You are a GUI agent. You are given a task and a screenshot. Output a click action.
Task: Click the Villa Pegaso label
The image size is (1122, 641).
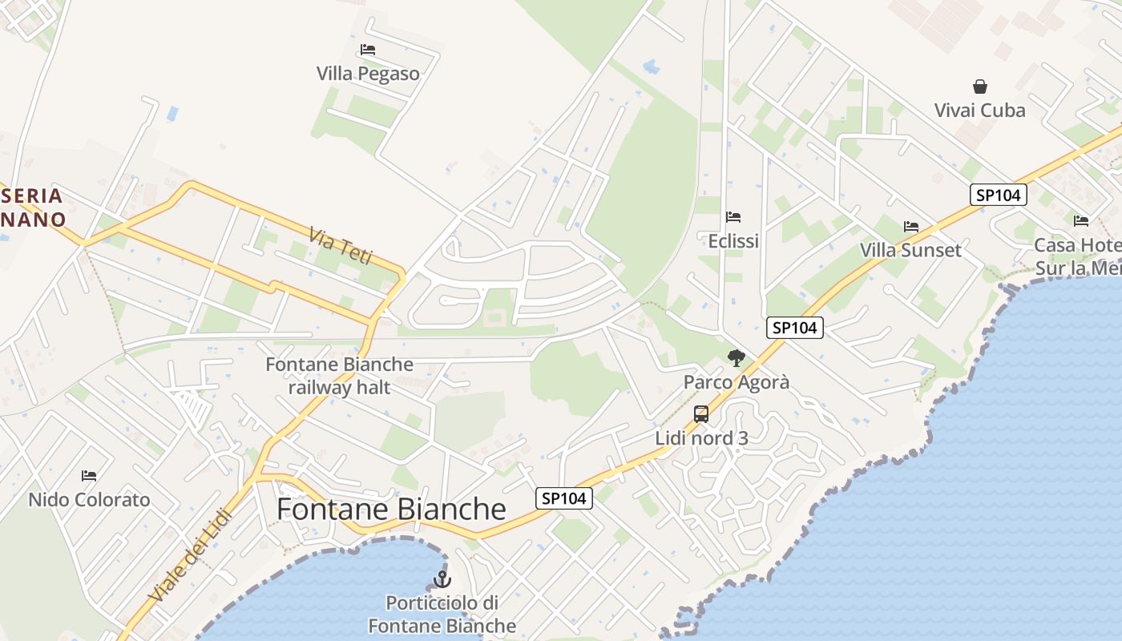point(368,74)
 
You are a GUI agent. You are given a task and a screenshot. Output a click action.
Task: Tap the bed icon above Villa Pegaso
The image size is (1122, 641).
point(368,50)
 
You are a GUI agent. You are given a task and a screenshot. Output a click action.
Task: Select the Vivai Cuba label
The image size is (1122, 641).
point(979,111)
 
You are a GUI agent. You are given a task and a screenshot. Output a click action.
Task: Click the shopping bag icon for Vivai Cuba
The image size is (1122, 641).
point(979,87)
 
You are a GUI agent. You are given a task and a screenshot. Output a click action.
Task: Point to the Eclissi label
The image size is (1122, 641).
point(733,241)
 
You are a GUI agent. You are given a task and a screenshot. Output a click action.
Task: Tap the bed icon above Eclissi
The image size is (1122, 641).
point(733,217)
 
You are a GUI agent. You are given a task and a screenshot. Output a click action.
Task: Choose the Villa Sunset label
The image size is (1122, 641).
point(910,250)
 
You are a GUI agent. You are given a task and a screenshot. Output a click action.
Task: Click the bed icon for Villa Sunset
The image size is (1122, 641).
point(911,227)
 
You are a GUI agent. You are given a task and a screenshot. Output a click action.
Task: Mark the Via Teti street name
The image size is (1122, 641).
point(341,245)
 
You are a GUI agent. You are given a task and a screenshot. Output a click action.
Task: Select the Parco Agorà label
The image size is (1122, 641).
point(736,382)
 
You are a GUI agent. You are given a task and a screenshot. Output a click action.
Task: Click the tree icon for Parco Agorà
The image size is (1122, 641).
point(736,358)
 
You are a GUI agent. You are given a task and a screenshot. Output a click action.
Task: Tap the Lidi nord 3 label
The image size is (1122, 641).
point(701,438)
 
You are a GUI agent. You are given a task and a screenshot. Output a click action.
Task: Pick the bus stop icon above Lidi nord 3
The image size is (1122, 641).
point(701,414)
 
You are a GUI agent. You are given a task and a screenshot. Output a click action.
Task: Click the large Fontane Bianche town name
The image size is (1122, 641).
point(391,510)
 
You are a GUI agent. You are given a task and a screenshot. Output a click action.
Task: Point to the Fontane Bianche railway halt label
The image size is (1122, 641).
point(340,376)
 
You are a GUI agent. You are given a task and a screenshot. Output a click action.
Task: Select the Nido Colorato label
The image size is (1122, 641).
point(89,500)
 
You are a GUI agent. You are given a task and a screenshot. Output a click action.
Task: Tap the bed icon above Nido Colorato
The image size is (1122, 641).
point(89,476)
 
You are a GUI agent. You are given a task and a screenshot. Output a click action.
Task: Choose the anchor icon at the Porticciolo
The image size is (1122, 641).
point(442,579)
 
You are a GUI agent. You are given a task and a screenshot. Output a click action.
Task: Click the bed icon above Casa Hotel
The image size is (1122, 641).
point(1081,221)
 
